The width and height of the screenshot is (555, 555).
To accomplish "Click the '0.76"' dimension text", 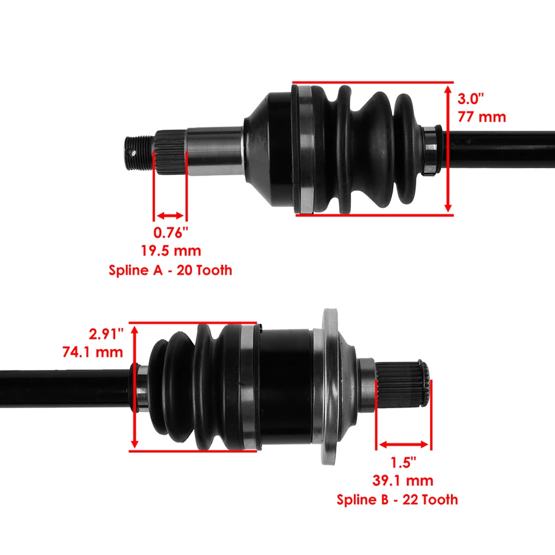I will point(171,233).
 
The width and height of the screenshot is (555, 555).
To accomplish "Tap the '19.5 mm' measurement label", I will point(171,251).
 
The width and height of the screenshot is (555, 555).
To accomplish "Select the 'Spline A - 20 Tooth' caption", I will point(171,270).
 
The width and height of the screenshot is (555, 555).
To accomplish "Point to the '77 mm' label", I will point(482,117).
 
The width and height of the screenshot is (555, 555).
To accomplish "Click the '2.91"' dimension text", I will point(107,334).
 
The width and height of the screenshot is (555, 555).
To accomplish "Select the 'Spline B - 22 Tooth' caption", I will point(397,499).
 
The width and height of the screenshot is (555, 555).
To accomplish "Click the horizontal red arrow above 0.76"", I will point(170,216).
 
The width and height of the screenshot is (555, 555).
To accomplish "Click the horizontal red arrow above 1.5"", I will point(404,445).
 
